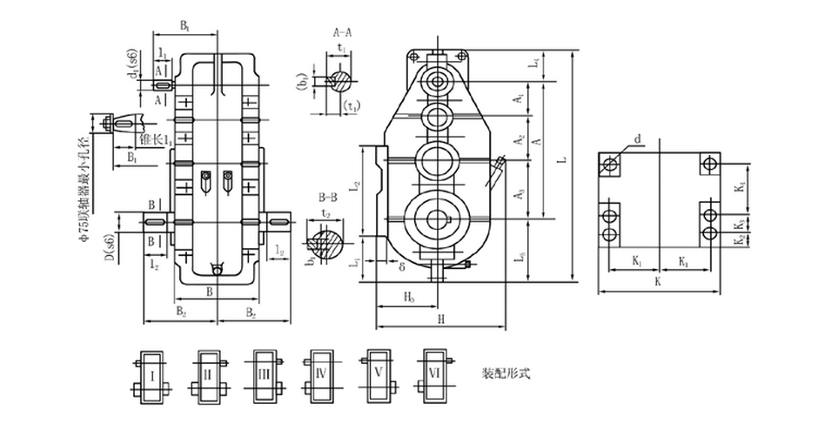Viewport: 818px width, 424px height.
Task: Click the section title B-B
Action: pyautogui.click(x=328, y=198)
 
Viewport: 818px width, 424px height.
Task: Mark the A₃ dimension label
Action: pyautogui.click(x=520, y=198)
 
